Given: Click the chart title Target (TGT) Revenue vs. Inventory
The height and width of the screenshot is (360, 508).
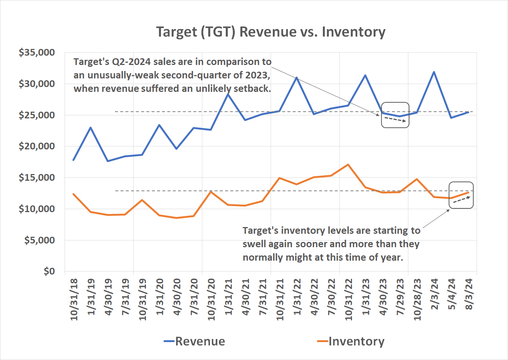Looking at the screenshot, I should [271, 32].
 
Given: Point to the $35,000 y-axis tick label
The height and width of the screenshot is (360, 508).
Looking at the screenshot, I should [37, 53].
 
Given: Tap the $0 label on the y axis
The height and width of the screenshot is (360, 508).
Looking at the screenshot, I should [49, 271].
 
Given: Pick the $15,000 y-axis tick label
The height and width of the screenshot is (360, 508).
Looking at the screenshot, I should [37, 177].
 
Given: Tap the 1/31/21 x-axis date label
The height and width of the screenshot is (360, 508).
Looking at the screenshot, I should [228, 297].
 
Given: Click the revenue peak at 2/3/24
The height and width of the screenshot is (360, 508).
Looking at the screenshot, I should [434, 72].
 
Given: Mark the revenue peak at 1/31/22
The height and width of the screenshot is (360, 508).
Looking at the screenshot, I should [296, 78].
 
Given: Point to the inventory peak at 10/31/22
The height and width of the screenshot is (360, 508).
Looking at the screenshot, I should [348, 164].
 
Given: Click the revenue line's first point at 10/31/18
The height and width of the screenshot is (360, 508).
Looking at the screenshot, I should [74, 160].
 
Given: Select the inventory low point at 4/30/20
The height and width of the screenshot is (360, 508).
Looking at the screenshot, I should [176, 218].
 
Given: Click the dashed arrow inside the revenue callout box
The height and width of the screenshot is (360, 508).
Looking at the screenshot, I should [395, 120].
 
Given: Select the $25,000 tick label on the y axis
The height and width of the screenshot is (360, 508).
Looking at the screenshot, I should [37, 115].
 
